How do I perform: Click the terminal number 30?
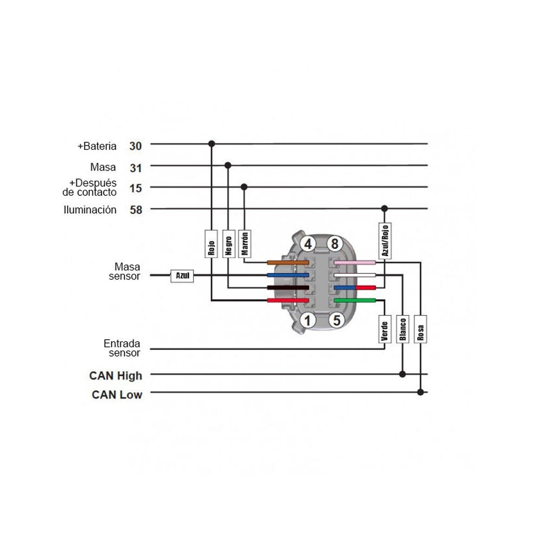tap(136, 146)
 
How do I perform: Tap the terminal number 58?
tap(136, 210)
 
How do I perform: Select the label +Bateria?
tap(97, 146)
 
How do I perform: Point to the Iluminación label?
tap(90, 210)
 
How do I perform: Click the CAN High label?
tap(116, 375)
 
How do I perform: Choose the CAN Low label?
tap(117, 394)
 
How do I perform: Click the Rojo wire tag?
tap(211, 244)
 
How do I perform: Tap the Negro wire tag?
tap(228, 244)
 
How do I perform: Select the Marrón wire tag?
tap(245, 244)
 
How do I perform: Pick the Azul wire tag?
tap(182, 276)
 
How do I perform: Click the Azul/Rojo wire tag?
tap(385, 241)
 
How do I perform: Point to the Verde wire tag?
tap(385, 329)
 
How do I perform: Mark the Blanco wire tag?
tap(403, 329)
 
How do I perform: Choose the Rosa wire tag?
tap(420, 329)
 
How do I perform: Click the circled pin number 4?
tap(308, 243)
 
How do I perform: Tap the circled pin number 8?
tap(335, 243)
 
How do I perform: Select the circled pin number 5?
tap(337, 320)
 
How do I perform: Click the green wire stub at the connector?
tap(355, 300)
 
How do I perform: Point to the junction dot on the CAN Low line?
tap(420, 392)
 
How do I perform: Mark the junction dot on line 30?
tap(212, 143)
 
